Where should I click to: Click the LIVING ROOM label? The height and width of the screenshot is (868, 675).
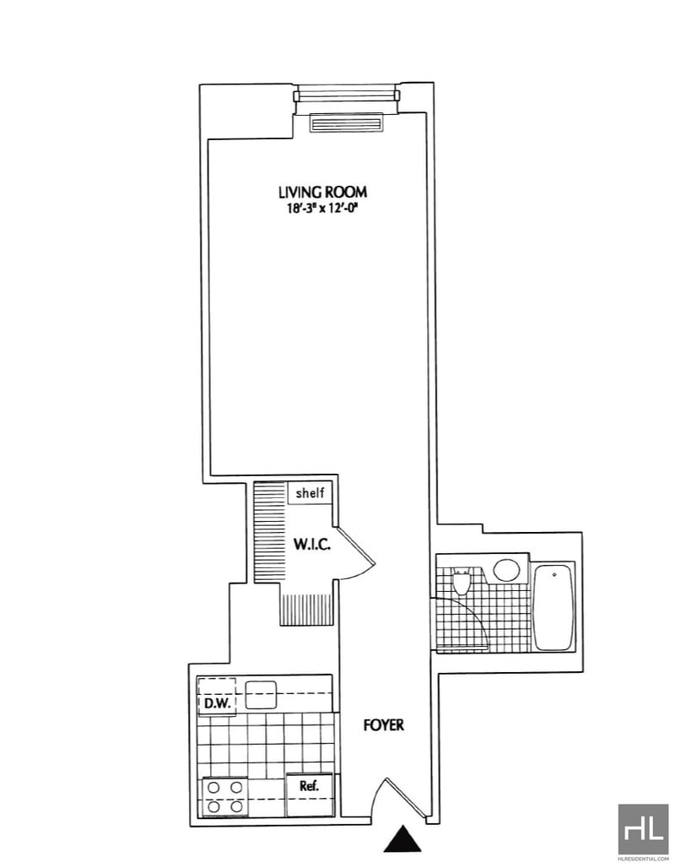(322, 192)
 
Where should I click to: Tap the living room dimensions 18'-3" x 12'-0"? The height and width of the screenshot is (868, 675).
(322, 209)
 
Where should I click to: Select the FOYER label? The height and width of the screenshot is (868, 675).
(383, 724)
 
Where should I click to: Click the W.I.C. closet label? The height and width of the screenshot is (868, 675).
(312, 545)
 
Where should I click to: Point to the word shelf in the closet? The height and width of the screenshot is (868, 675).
(310, 492)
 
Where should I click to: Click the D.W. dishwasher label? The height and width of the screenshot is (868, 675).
(218, 703)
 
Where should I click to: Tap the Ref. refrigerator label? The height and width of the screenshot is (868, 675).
(309, 785)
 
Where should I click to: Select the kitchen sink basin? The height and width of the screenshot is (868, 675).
(261, 695)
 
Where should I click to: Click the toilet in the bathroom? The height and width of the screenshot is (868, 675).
(461, 581)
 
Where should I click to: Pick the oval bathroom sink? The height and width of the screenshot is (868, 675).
(507, 570)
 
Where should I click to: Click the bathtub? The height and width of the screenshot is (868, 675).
(553, 607)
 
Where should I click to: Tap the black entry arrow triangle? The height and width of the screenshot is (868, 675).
(402, 838)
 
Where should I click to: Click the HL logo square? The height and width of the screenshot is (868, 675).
(643, 829)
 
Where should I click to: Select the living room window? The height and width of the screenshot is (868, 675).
(346, 95)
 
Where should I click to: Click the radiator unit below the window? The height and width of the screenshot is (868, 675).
(346, 123)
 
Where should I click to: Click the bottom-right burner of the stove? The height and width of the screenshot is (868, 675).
(237, 806)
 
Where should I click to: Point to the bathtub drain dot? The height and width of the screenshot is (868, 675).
(554, 575)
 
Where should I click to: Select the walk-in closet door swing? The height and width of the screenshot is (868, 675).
(358, 554)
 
